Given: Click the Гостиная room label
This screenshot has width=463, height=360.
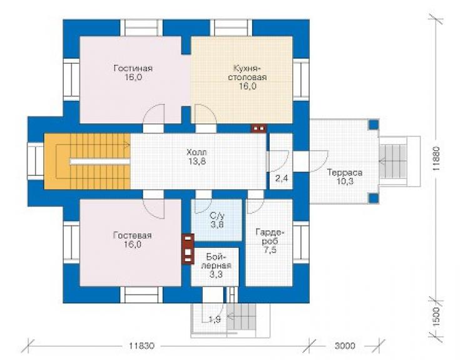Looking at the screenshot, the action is point(133,68).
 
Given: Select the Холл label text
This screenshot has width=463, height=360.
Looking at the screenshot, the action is point(196,153).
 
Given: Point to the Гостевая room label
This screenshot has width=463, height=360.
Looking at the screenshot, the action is point(132,235).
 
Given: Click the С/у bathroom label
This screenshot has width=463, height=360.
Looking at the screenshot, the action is point(217,215).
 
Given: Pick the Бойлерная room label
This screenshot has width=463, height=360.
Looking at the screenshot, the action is point(216,260).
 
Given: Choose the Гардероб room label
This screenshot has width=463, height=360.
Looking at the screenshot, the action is point(270,237).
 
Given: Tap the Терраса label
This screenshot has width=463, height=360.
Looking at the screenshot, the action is point(345,172).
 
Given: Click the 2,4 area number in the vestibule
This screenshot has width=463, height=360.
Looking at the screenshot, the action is point(282,178).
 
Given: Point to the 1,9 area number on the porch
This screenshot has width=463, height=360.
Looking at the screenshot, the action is point(215,319).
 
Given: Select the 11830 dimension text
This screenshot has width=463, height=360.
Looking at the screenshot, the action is point(142,346).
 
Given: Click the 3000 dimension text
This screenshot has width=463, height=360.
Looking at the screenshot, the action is point(345,346).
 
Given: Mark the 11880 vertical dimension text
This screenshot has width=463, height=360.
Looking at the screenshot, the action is point(437,159).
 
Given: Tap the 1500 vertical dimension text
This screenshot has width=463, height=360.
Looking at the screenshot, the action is point(437,316).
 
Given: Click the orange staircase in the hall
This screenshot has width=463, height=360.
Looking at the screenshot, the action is point(88,162).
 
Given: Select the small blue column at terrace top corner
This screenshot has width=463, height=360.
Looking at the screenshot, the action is point(374,124).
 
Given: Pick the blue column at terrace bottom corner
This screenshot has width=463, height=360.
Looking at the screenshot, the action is point(374,198).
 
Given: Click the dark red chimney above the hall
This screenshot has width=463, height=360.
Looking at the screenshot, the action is point(258,128).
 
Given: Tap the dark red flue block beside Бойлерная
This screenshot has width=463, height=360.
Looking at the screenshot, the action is point(188,249).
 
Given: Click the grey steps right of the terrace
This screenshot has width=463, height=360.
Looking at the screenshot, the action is point(393,162).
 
